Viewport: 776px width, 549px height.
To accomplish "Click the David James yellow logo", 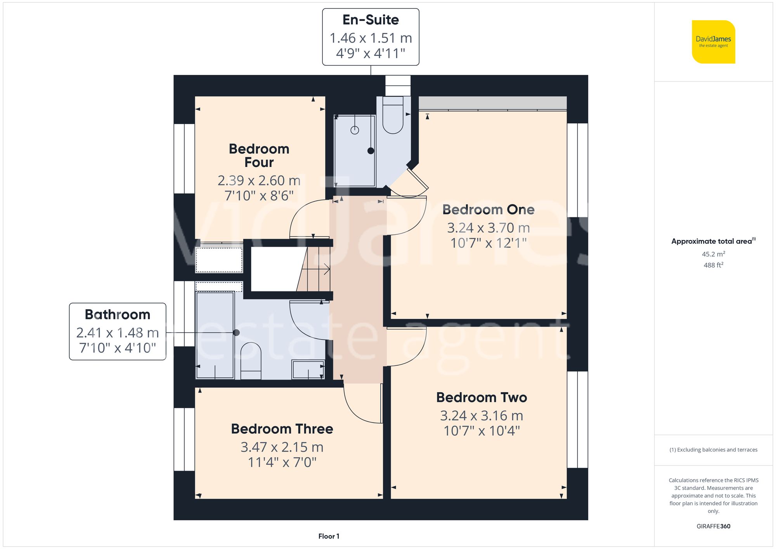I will tap(713, 42).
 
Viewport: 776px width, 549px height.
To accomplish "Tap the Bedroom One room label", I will tap(488, 210).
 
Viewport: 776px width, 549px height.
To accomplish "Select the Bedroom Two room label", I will tap(482, 397).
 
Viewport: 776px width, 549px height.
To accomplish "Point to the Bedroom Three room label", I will tap(282, 429).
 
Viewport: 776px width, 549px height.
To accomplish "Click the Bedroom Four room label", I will tap(259, 155).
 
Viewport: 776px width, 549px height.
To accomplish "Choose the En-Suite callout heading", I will tap(371, 20).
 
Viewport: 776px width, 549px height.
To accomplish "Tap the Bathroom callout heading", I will tap(118, 314).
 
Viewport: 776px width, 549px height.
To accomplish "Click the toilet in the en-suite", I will tap(393, 116).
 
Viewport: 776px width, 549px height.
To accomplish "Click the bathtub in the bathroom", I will tap(215, 334).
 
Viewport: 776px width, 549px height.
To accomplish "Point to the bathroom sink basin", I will tap(308, 369).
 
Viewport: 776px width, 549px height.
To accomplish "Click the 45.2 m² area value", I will tap(713, 254).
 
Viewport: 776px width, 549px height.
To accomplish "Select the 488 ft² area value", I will tap(713, 265).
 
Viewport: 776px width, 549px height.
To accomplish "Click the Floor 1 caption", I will tap(329, 536).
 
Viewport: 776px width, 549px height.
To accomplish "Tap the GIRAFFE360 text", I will tap(713, 526).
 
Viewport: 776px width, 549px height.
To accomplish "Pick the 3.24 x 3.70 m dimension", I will tap(488, 228).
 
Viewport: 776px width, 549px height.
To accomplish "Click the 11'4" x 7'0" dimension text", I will tap(282, 462).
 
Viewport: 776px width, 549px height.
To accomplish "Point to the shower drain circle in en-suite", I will tap(355, 130).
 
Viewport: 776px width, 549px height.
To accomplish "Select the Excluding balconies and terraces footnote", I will tap(713, 450).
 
